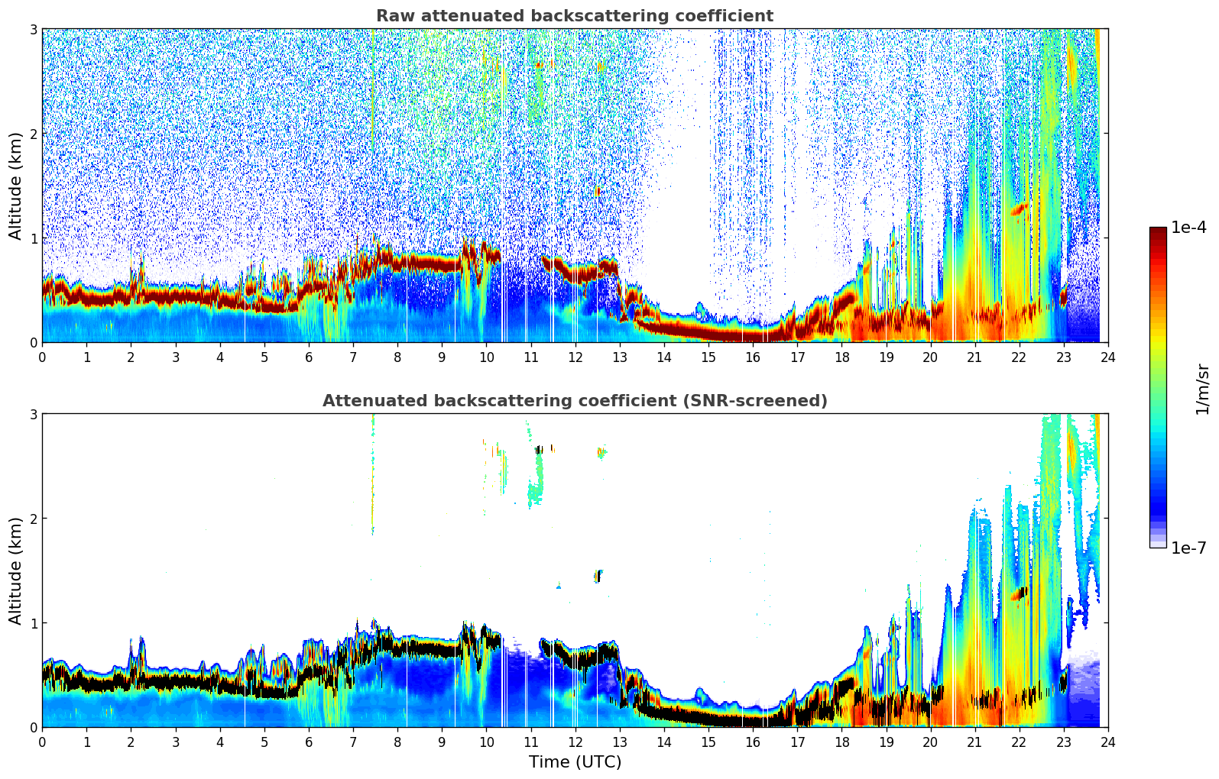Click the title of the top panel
pyautogui.click(x=574, y=16)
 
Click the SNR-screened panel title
pyautogui.click(x=574, y=401)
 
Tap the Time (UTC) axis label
pyautogui.click(x=575, y=762)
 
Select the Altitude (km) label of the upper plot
pyautogui.click(x=15, y=186)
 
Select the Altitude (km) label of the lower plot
pyautogui.click(x=15, y=571)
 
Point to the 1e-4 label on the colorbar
pyautogui.click(x=1188, y=228)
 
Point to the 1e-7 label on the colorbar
pyautogui.click(x=1188, y=548)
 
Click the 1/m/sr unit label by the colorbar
pyautogui.click(x=1202, y=389)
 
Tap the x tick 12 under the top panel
pyautogui.click(x=575, y=357)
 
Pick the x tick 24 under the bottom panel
pyautogui.click(x=1107, y=742)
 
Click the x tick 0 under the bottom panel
pyautogui.click(x=42, y=742)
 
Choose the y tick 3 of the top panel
pyautogui.click(x=34, y=29)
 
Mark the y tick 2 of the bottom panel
pyautogui.click(x=34, y=519)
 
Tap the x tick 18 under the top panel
pyautogui.click(x=841, y=357)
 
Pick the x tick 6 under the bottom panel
pyautogui.click(x=309, y=742)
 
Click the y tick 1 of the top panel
pyautogui.click(x=34, y=238)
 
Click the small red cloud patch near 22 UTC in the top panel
pyautogui.click(x=1018, y=208)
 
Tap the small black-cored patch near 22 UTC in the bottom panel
pyautogui.click(x=1020, y=593)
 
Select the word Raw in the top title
pyautogui.click(x=391, y=16)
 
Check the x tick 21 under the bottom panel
pyautogui.click(x=974, y=742)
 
